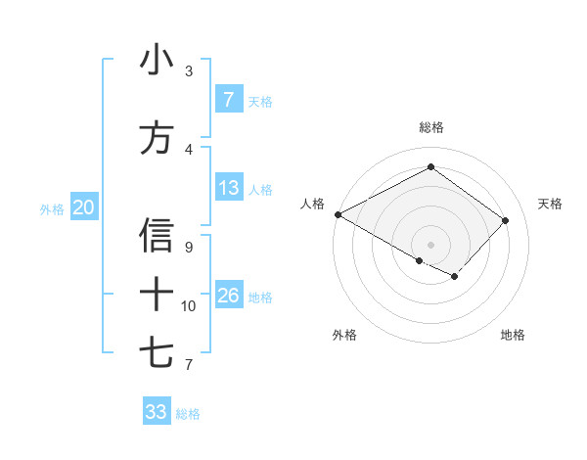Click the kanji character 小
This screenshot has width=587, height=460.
(157, 61)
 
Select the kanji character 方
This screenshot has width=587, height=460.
(157, 138)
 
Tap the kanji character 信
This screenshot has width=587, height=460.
(157, 236)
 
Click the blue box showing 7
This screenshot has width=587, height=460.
(228, 99)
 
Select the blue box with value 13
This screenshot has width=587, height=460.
(228, 188)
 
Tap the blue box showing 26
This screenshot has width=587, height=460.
(228, 295)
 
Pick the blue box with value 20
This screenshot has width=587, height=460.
(84, 207)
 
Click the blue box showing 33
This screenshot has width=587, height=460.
(156, 411)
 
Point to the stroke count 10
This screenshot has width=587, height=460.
(189, 306)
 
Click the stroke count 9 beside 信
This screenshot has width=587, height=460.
(189, 248)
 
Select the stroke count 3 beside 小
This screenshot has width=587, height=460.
(189, 71)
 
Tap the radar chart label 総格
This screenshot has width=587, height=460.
(430, 127)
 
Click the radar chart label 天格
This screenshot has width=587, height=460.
(551, 204)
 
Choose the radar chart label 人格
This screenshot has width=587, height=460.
(312, 204)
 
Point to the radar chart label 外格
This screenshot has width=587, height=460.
(344, 335)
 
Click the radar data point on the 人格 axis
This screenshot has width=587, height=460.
(338, 214)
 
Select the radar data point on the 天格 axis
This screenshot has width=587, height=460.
(505, 220)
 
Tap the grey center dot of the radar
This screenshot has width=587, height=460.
(430, 244)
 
